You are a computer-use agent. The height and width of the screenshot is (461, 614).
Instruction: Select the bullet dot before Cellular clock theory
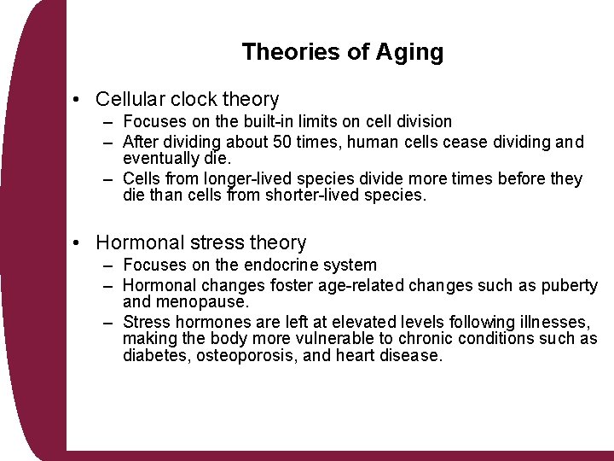78,100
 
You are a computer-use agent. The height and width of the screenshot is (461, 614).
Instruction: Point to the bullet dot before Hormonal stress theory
78,243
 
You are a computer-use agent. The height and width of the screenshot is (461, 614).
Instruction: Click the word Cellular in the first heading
130,100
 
